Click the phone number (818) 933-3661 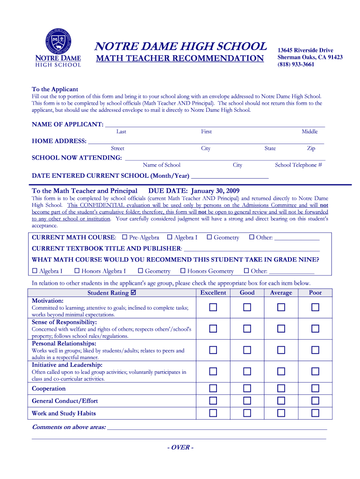(296, 65)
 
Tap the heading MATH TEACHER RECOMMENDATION (180, 58)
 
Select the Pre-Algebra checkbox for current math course (124, 237)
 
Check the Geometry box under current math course (209, 237)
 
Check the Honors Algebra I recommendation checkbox (77, 271)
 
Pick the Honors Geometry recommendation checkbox (182, 271)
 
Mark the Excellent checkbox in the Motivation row (213, 307)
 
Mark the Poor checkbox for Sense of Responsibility (315, 329)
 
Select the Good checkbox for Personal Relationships (247, 350)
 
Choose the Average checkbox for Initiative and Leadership (281, 371)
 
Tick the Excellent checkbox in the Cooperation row (213, 388)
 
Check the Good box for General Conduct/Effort (247, 400)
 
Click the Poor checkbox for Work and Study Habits (315, 413)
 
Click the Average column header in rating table (281, 293)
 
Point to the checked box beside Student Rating (134, 293)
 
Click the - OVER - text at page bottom (180, 447)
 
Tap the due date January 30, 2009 (214, 191)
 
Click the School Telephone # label (298, 165)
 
